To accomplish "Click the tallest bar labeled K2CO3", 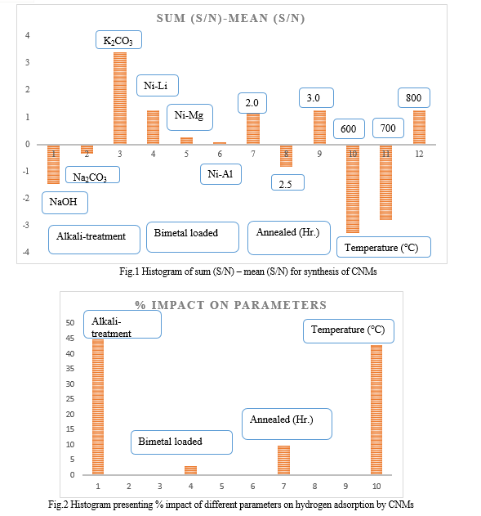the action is coord(120,98).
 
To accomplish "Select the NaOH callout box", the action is coord(65,203).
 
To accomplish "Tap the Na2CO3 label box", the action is coord(92,175).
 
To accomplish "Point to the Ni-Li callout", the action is coord(158,86).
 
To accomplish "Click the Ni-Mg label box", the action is coord(189,117).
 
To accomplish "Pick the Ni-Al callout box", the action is coord(220,174).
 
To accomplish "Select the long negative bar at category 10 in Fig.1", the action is coord(353,189).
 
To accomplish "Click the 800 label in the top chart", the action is coord(414,98).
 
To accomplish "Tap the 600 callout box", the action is coord(349,128).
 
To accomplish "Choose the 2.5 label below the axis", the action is coord(287,182).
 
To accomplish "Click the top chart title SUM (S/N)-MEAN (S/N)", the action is coord(230,18).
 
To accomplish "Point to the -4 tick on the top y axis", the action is coord(26,252).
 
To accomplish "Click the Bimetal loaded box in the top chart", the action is coord(193,237).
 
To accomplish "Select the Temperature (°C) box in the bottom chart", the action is coord(348,331).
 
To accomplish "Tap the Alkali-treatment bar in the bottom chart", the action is coord(98,406).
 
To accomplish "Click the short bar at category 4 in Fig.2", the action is coord(190,470).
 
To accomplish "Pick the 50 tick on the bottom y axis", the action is coord(70,322).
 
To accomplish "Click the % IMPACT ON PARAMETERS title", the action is coord(230,305).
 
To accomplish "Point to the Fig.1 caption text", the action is coord(248,271).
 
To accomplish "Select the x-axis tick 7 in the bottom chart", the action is coord(283,486).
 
